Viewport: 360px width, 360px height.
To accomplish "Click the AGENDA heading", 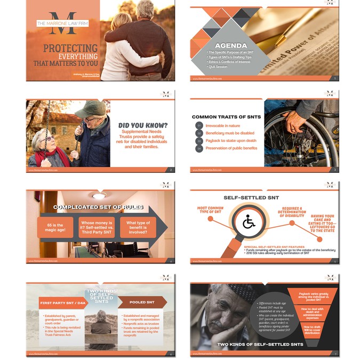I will pyautogui.click(x=230, y=45).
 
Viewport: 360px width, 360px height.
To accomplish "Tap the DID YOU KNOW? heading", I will pyautogui.click(x=142, y=126).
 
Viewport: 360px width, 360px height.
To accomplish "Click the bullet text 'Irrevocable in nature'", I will pyautogui.click(x=223, y=126).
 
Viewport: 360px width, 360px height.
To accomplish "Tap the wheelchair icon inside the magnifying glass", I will pyautogui.click(x=249, y=222).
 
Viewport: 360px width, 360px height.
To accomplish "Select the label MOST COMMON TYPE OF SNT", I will pyautogui.click(x=210, y=211).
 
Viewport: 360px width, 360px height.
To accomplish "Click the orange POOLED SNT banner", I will pyautogui.click(x=142, y=302).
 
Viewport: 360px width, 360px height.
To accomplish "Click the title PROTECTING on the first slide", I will pyautogui.click(x=70, y=49).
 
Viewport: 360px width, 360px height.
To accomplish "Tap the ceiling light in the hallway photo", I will pyautogui.click(x=99, y=196).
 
